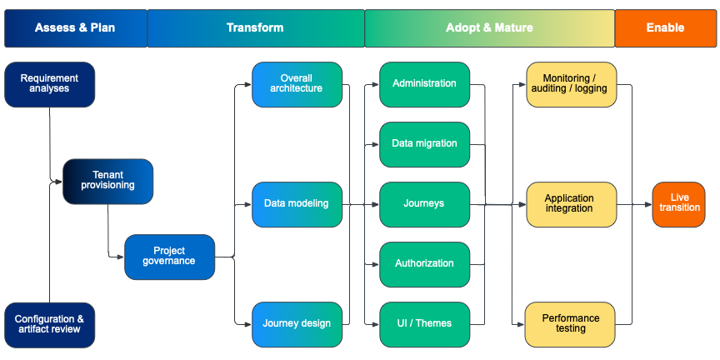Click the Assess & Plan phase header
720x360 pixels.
pyautogui.click(x=75, y=27)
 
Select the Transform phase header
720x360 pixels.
pyautogui.click(x=255, y=27)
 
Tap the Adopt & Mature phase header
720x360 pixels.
pyautogui.click(x=489, y=27)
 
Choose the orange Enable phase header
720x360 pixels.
pyautogui.click(x=665, y=27)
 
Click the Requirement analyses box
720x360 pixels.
pyautogui.click(x=50, y=84)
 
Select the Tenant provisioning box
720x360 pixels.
pyautogui.click(x=108, y=181)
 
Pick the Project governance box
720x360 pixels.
pyautogui.click(x=169, y=256)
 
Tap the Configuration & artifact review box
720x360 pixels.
pyautogui.click(x=50, y=324)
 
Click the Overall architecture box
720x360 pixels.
pyautogui.click(x=297, y=84)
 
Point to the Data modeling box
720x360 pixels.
pyautogui.click(x=297, y=203)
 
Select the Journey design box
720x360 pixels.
pyautogui.click(x=297, y=323)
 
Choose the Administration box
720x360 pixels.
pyautogui.click(x=424, y=83)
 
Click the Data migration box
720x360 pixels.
pyautogui.click(x=424, y=143)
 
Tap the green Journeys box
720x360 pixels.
pyautogui.click(x=424, y=203)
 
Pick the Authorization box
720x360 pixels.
pyautogui.click(x=424, y=263)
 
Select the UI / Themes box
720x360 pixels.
pyautogui.click(x=424, y=323)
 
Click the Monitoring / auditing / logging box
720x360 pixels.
pyautogui.click(x=571, y=84)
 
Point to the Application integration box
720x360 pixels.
pyautogui.click(x=571, y=203)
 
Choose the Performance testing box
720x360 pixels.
pyautogui.click(x=571, y=323)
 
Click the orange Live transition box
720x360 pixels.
pyautogui.click(x=679, y=203)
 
